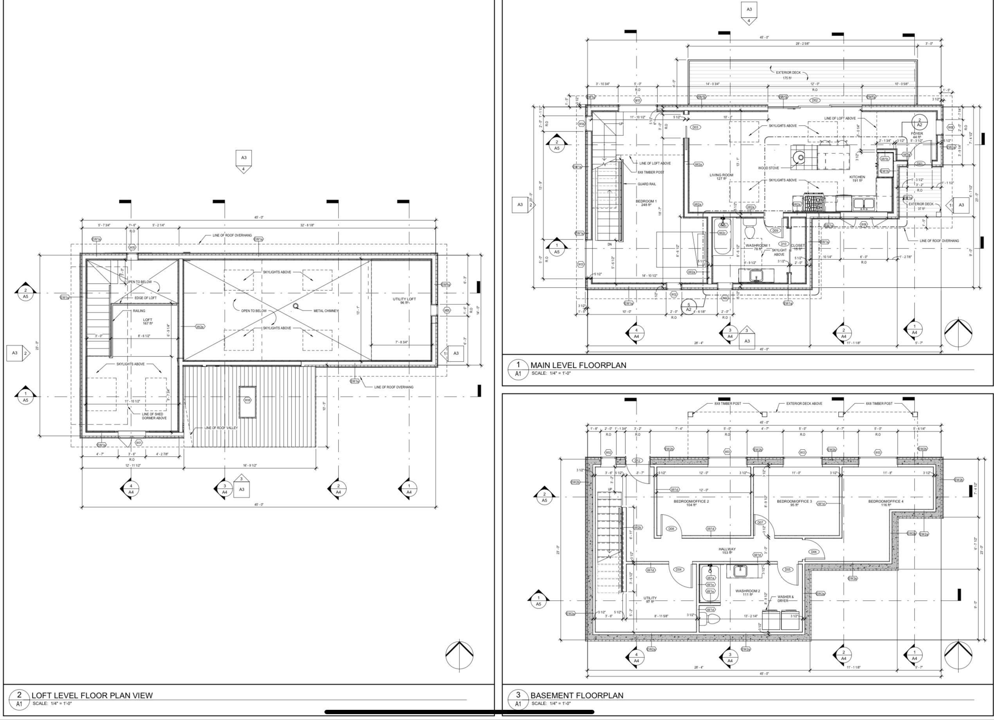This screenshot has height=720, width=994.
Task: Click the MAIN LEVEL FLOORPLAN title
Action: click(578, 365)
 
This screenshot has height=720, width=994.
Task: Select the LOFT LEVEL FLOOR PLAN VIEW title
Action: click(92, 695)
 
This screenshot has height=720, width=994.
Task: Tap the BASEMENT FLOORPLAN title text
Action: click(576, 695)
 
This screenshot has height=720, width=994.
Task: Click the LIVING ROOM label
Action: click(721, 175)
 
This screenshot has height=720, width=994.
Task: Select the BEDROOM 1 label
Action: click(646, 202)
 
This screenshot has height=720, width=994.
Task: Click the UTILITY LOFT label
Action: click(404, 299)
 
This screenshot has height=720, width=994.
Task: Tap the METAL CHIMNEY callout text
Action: click(326, 311)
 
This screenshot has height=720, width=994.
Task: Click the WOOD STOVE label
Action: click(768, 168)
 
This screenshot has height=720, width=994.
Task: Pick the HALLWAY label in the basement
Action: click(727, 549)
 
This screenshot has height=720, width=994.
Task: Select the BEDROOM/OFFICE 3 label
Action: click(794, 501)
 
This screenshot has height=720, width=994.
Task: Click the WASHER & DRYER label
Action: click(785, 599)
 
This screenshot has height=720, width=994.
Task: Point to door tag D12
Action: click(637, 461)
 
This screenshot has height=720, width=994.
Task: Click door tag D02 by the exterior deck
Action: click(814, 100)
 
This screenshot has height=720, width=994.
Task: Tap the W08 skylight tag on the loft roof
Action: click(247, 400)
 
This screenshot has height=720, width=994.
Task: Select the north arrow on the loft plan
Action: click(459, 654)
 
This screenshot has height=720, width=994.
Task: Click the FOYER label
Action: click(917, 134)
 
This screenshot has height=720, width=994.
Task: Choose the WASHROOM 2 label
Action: click(747, 591)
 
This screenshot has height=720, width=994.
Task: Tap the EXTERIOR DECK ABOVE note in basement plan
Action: click(804, 403)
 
